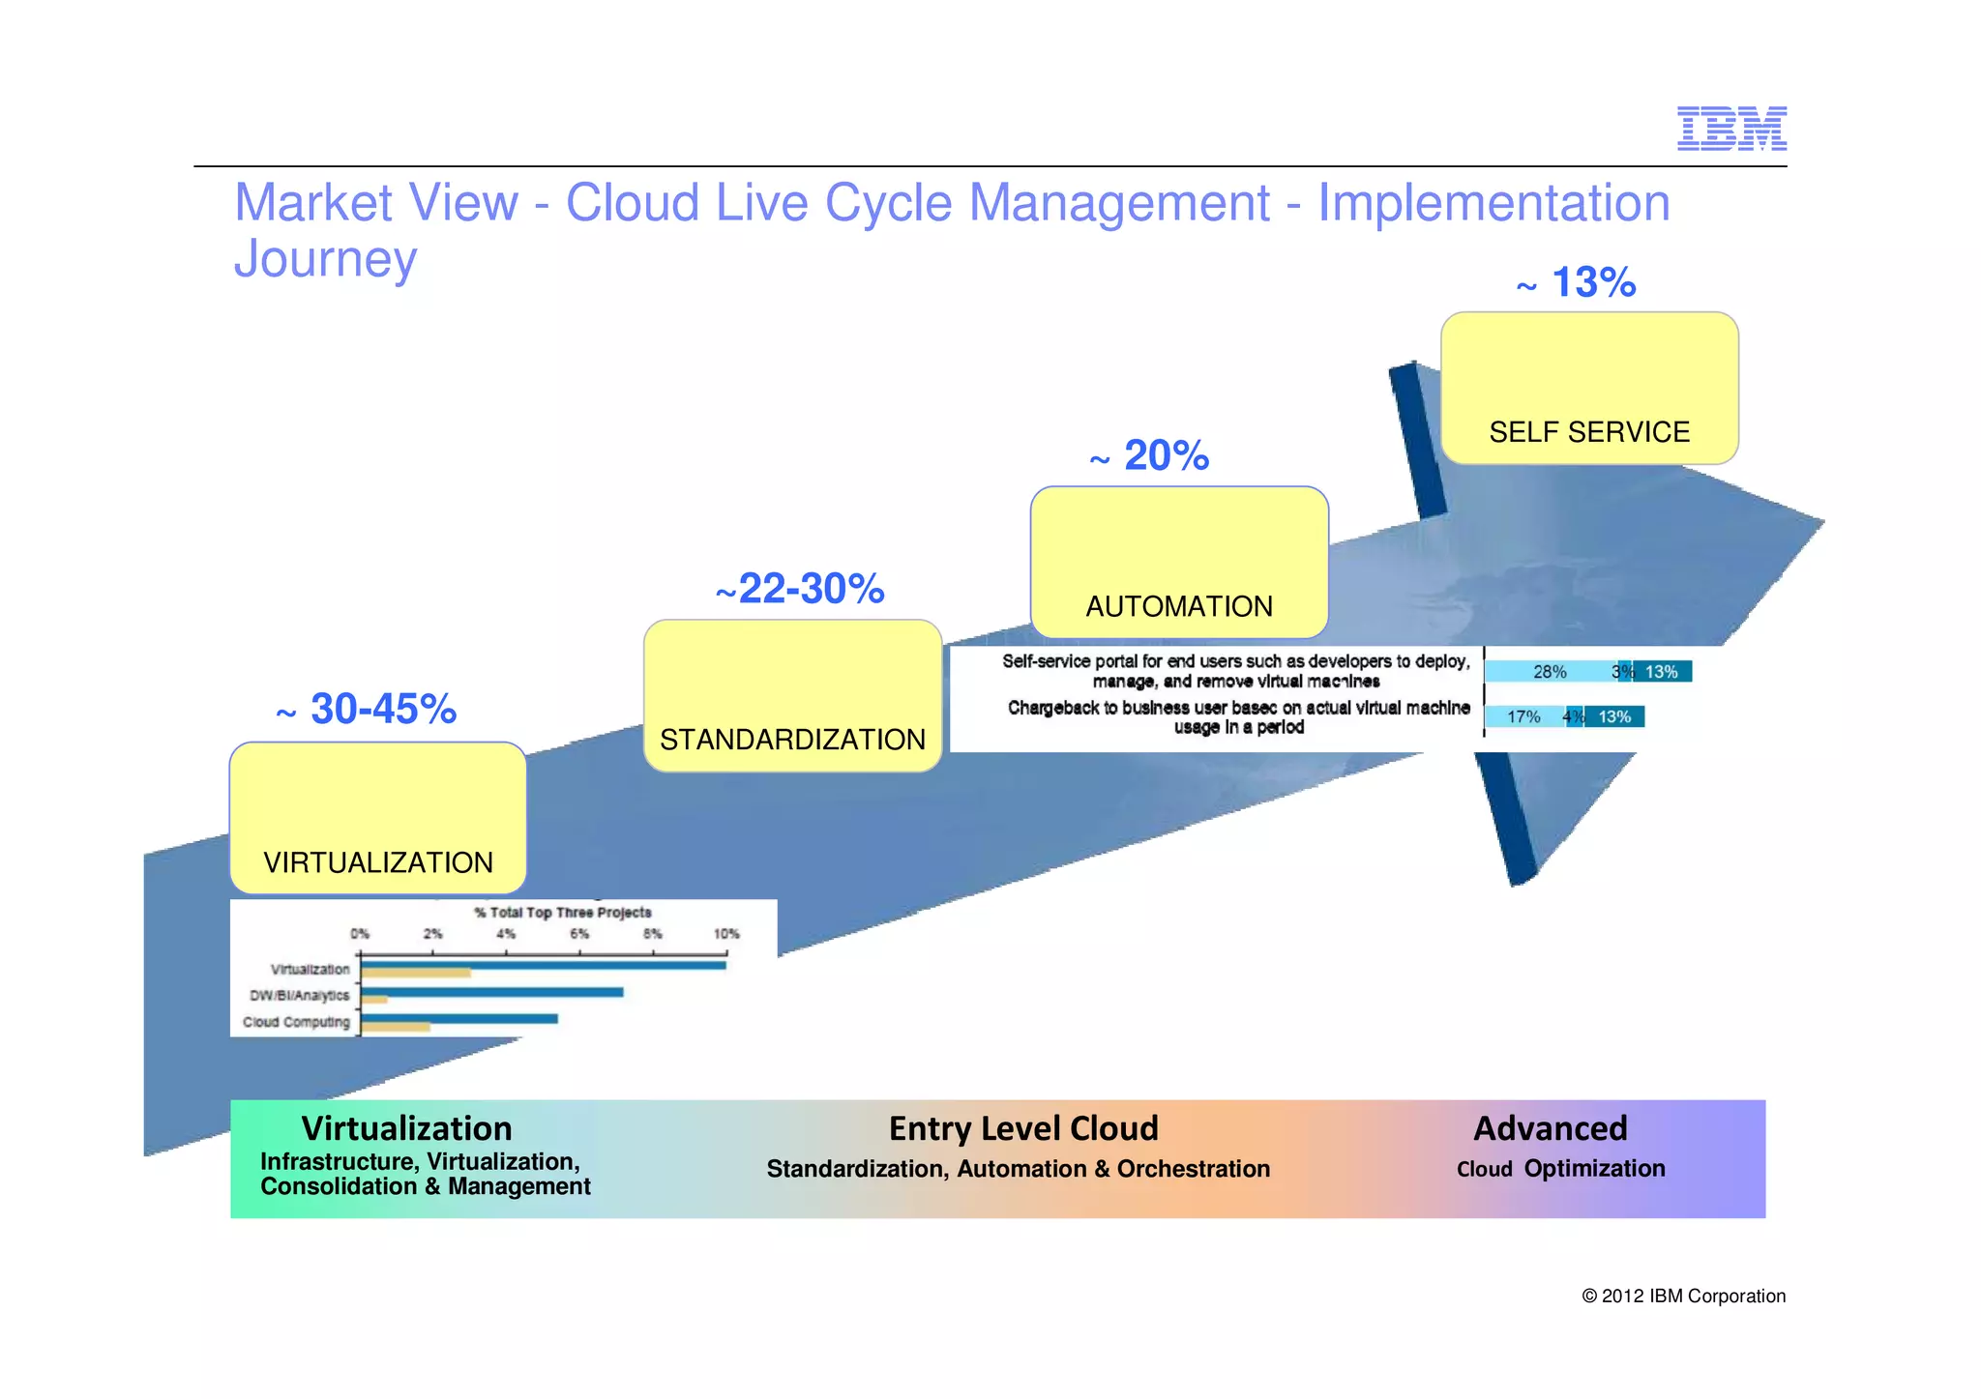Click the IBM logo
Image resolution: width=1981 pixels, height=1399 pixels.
click(x=1730, y=129)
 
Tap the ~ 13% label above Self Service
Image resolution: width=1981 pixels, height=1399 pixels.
click(x=1578, y=283)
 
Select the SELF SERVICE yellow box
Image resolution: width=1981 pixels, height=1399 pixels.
click(x=1588, y=389)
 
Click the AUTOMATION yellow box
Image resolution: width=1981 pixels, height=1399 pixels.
click(x=1178, y=563)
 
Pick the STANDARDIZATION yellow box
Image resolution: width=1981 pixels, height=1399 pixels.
click(x=792, y=696)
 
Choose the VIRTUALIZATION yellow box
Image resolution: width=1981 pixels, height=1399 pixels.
click(x=377, y=818)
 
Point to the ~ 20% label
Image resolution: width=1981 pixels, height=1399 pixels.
click(x=1151, y=456)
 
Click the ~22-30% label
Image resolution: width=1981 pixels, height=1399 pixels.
click(x=800, y=589)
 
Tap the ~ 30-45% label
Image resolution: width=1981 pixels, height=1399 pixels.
click(x=368, y=710)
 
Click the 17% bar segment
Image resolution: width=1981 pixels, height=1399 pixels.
click(x=1523, y=716)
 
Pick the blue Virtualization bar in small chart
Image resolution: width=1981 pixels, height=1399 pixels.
click(x=543, y=965)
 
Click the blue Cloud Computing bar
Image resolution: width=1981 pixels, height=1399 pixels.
click(x=458, y=1018)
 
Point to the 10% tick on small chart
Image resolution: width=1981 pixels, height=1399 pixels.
click(x=725, y=934)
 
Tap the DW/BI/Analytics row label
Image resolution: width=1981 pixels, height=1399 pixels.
click(x=299, y=995)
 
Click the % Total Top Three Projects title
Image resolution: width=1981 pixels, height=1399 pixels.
click(x=562, y=912)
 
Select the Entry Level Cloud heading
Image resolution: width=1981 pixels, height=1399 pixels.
click(x=1022, y=1128)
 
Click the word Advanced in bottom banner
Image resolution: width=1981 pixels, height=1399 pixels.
click(x=1550, y=1128)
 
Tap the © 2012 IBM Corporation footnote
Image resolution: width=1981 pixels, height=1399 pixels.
click(x=1682, y=1297)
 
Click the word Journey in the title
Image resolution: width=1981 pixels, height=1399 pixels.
click(x=325, y=259)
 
